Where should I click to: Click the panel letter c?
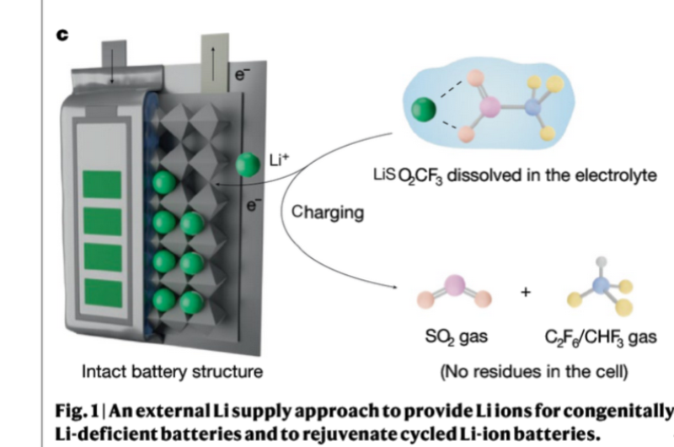coord(63,35)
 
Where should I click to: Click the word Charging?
coord(328,213)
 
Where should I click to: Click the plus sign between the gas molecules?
coord(527,294)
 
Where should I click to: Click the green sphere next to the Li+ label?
coord(248,164)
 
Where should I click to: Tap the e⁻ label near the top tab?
coord(241,78)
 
